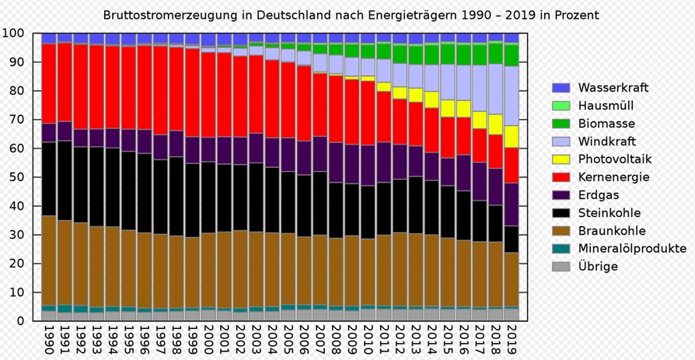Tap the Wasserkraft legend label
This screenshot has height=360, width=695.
[x=613, y=88]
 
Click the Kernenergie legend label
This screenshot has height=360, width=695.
[x=613, y=177]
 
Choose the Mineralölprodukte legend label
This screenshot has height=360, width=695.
[x=632, y=249]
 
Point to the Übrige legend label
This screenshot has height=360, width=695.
[x=598, y=267]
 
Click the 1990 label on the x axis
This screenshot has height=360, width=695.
[x=49, y=339]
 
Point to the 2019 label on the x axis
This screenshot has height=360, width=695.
[x=512, y=339]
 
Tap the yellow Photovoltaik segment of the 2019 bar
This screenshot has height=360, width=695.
[x=512, y=137]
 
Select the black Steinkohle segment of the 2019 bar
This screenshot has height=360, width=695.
[x=512, y=239]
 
